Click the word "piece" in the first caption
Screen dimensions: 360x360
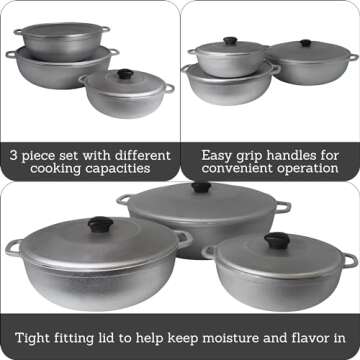pyautogui.click(x=41, y=156)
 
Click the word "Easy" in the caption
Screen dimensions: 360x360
pyautogui.click(x=218, y=156)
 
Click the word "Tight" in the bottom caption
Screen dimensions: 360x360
pyautogui.click(x=31, y=337)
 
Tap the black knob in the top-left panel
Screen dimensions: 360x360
pyautogui.click(x=125, y=74)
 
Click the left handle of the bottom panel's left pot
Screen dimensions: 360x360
pyautogui.click(x=13, y=245)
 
